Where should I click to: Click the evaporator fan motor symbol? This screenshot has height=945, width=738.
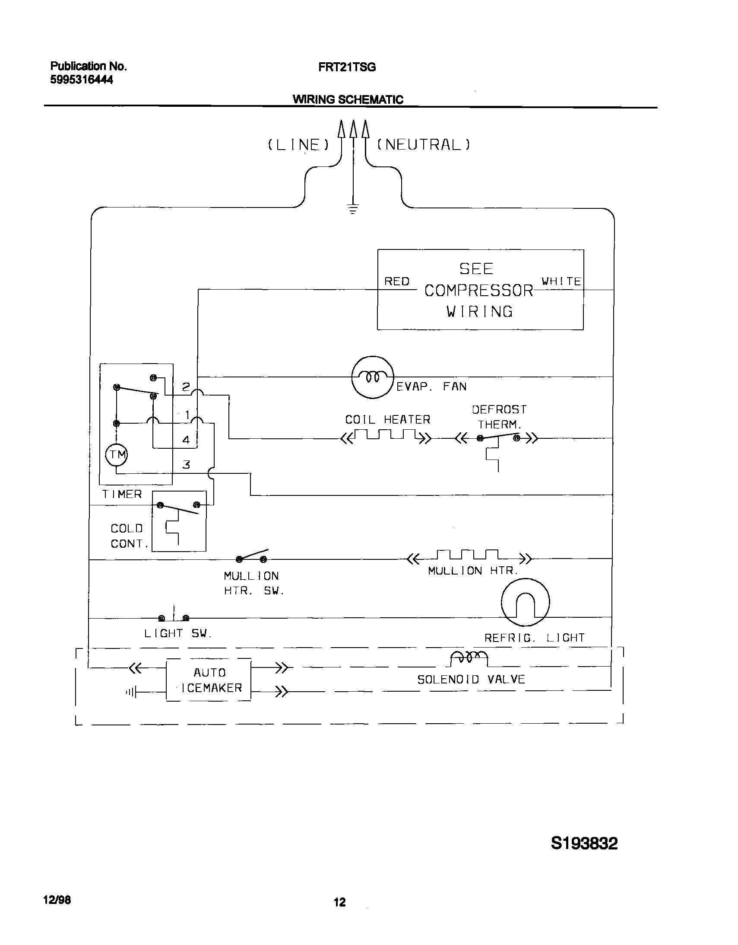pos(373,377)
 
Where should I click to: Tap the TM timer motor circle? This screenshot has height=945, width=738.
pos(117,455)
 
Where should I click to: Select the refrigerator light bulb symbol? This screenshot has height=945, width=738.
pos(525,602)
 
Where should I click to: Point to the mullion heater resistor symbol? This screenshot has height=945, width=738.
pos(469,556)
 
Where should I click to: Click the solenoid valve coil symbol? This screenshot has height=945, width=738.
pos(469,658)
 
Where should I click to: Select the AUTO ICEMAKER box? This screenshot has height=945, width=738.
pos(209,680)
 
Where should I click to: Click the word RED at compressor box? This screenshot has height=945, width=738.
pos(397,282)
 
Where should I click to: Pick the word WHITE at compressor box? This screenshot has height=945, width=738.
pos(561,281)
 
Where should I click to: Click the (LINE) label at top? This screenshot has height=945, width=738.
pos(298,144)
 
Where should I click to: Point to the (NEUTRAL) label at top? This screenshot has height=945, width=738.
pos(424,144)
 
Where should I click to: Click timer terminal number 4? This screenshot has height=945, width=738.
pos(186,440)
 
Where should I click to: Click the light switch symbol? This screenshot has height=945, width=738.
pos(174,616)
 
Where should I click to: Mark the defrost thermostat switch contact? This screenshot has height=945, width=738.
pos(498,437)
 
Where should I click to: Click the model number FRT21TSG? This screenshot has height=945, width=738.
pos(347,67)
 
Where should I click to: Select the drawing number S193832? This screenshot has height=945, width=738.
pos(584,843)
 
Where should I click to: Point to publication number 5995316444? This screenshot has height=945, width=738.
pos(82,80)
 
